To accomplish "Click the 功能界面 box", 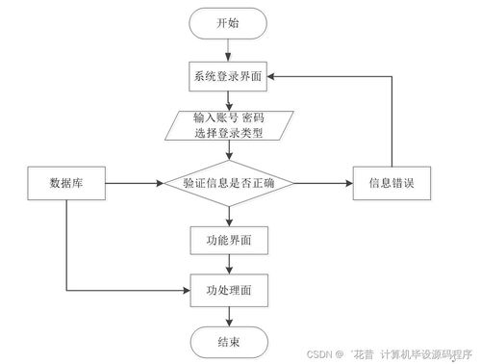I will tap(228, 237).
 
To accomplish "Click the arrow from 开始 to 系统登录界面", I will tap(228, 50).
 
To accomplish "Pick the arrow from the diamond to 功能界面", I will tap(228, 213).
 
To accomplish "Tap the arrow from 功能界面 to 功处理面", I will tap(228, 262).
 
